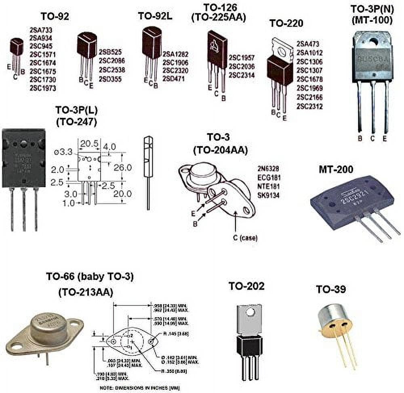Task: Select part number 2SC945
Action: pyautogui.click(x=40, y=46)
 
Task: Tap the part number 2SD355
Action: pyautogui.click(x=110, y=79)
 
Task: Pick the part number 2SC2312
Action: pyautogui.click(x=309, y=107)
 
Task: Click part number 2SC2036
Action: pyautogui.click(x=242, y=67)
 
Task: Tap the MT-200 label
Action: pyautogui.click(x=336, y=169)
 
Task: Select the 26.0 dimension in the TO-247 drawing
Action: pyautogui.click(x=123, y=167)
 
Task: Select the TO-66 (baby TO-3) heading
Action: pyautogui.click(x=89, y=277)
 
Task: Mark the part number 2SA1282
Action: pyautogui.click(x=175, y=54)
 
